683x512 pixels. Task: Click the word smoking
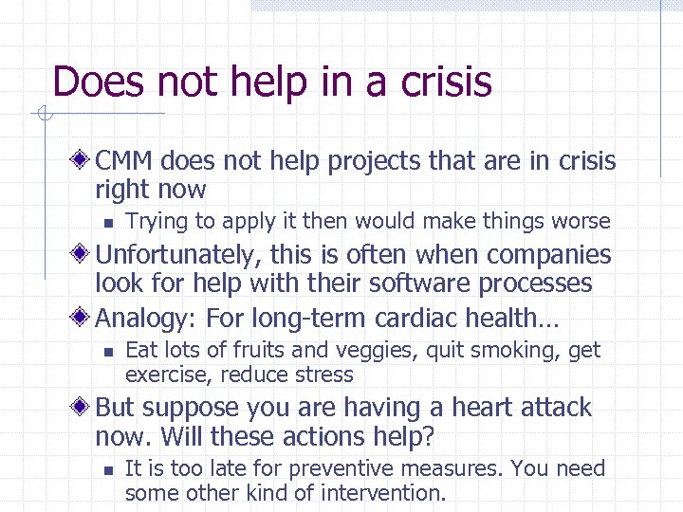tap(513, 351)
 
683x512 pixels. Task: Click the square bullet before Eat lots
tap(107, 352)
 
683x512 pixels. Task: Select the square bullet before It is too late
tap(107, 469)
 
